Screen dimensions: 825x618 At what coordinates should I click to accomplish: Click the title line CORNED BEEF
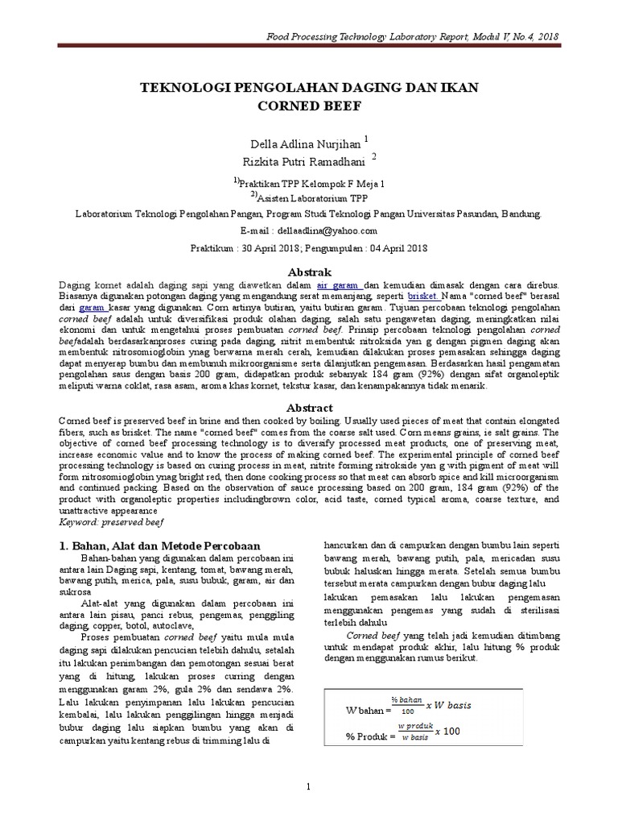(309, 105)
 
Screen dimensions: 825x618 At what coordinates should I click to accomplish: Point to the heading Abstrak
(309, 272)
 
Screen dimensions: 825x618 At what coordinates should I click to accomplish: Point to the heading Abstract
(309, 408)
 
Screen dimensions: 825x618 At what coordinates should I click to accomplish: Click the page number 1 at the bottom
(308, 786)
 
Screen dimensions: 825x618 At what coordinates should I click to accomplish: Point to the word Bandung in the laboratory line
(521, 215)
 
